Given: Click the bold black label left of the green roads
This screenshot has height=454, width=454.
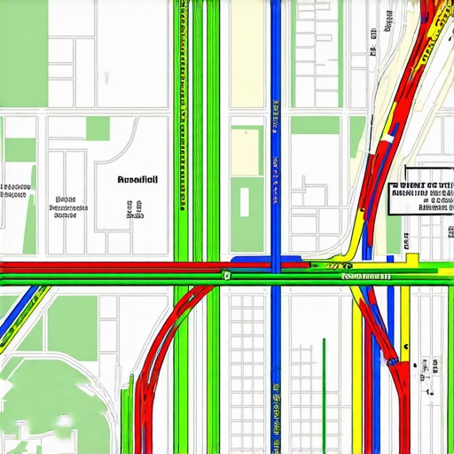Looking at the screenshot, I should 137,179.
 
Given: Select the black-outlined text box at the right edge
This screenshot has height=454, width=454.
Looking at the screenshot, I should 423,190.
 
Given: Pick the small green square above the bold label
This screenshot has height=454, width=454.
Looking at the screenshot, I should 98,129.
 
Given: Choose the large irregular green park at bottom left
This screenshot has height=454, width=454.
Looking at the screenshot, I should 44,399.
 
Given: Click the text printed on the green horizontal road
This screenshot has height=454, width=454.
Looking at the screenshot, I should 365,278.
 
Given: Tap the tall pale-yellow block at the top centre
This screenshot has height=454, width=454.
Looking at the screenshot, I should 245,151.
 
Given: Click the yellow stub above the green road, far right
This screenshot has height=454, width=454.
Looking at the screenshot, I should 411,258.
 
